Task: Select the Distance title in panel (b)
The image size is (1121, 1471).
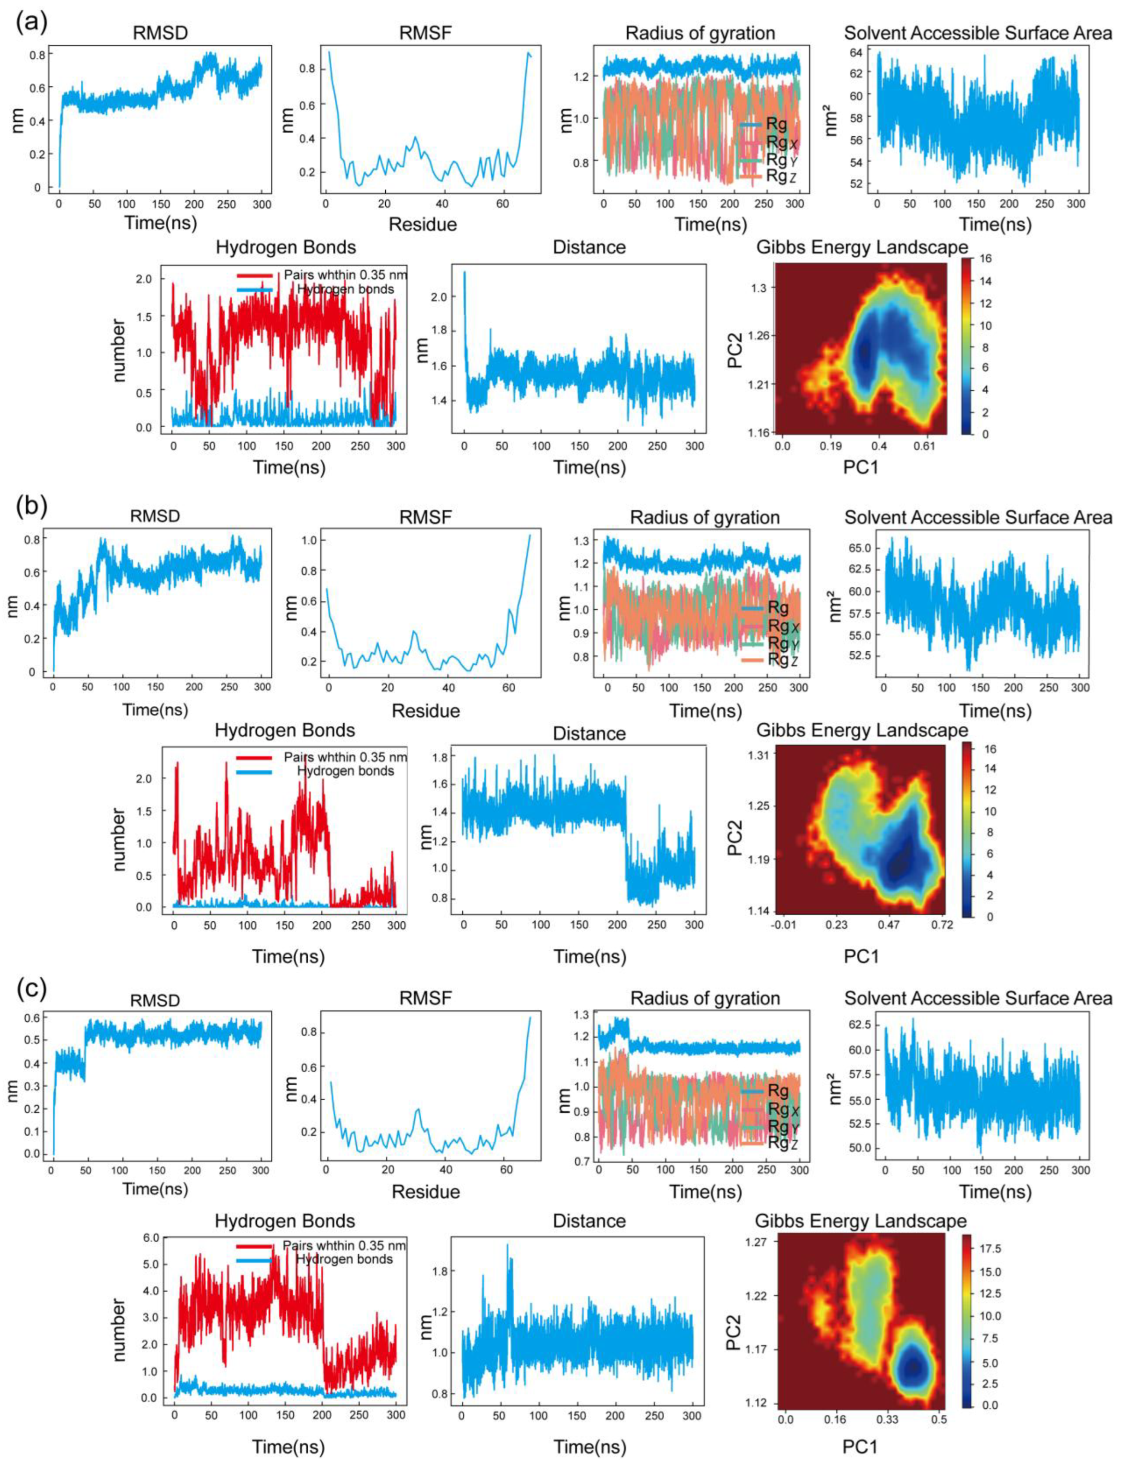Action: click(589, 734)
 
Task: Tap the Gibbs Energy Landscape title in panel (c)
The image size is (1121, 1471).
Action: click(861, 1221)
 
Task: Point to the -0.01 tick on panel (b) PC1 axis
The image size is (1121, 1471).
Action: click(782, 925)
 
